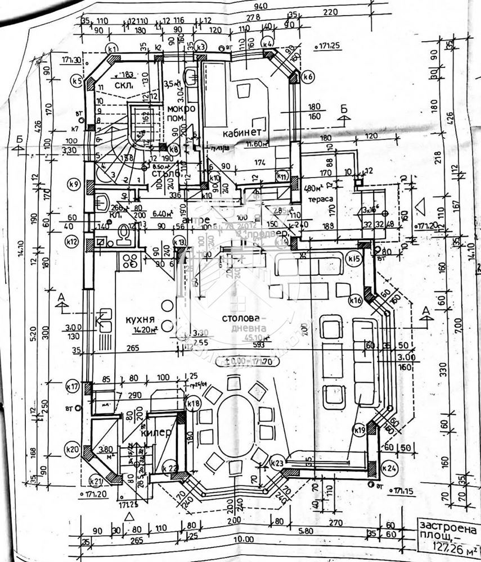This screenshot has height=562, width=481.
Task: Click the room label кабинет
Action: (242, 133)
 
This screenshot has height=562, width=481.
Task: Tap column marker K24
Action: (388, 467)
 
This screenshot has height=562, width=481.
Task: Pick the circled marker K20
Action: (71, 449)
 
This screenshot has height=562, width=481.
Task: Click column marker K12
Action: (71, 242)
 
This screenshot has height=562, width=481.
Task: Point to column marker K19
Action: (360, 430)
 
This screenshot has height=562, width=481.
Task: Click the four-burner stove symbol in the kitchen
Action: (131, 260)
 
